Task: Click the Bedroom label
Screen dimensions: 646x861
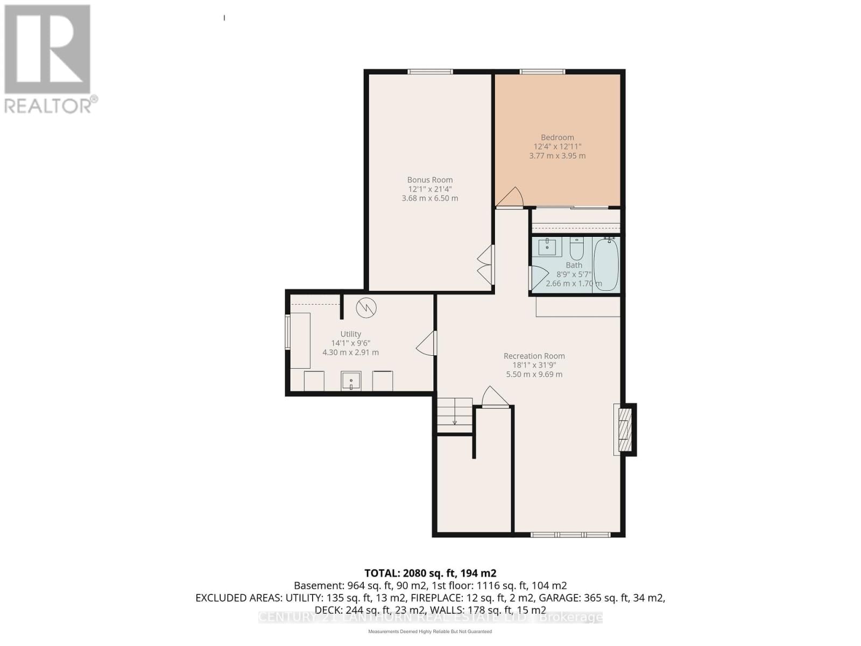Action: click(557, 137)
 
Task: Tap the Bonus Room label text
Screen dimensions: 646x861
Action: click(429, 180)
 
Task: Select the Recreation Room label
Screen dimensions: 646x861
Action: click(534, 356)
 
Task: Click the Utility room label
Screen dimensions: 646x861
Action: click(350, 334)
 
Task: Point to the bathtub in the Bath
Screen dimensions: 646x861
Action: click(606, 265)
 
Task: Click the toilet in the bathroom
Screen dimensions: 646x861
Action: click(576, 249)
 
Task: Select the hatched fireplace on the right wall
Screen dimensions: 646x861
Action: click(624, 430)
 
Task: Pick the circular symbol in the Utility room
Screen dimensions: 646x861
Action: click(366, 307)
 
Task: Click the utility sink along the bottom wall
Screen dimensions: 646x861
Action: click(351, 381)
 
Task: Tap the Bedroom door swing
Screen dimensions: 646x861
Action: click(510, 197)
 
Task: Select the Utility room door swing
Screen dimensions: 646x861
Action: click(426, 343)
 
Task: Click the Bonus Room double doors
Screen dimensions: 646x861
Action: click(485, 265)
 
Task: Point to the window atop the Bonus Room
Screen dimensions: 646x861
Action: click(429, 72)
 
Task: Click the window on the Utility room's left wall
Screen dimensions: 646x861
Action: click(287, 333)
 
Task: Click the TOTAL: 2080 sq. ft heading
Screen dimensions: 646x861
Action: click(430, 573)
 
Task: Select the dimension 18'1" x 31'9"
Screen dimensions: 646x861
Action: click(534, 365)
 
